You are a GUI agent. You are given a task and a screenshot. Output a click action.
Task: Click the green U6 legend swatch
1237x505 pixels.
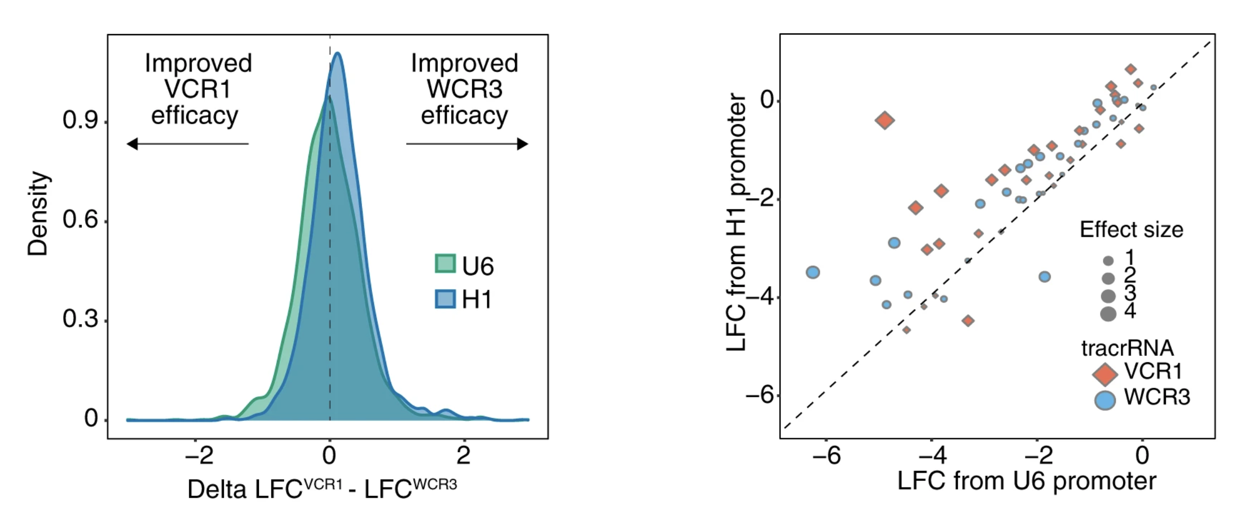(x=445, y=264)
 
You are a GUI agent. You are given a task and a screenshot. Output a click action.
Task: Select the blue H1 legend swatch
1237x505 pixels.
(x=445, y=299)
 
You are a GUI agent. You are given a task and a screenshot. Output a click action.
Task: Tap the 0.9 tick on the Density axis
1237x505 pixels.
(x=80, y=120)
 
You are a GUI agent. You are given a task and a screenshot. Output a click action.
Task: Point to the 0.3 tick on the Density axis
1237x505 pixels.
(x=80, y=319)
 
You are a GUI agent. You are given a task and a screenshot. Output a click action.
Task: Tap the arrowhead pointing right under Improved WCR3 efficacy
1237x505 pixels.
(x=522, y=144)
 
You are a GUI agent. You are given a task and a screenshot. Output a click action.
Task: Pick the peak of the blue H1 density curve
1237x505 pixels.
(x=338, y=53)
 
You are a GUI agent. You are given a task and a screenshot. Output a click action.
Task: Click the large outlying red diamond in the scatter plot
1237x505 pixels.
(x=885, y=120)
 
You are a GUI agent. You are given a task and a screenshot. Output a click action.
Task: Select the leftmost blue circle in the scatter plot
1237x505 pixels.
(x=813, y=273)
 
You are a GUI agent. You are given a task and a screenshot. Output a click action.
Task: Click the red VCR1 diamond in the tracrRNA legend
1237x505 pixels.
(x=1105, y=373)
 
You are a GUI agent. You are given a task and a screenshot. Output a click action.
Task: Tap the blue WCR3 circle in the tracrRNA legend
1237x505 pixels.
(x=1105, y=400)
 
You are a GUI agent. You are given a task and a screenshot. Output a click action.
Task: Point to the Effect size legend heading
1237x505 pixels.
(x=1131, y=230)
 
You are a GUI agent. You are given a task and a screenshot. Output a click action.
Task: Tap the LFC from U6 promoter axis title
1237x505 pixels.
(x=1027, y=481)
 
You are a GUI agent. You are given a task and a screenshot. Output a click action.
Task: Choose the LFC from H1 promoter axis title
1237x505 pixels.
(x=737, y=222)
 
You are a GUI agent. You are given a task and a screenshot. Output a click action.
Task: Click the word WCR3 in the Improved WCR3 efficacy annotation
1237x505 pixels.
(x=464, y=89)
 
